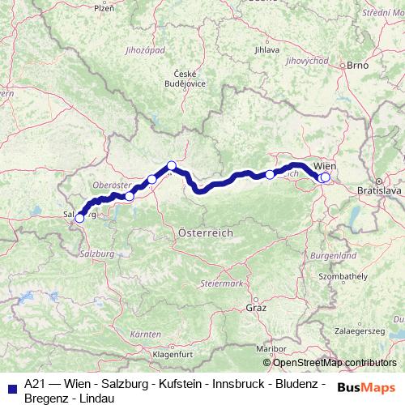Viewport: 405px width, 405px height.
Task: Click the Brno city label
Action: click(x=357, y=66)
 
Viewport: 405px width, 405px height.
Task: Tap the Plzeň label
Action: click(x=104, y=7)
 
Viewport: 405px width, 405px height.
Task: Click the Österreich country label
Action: click(x=204, y=232)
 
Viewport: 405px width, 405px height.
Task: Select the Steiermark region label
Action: click(x=222, y=284)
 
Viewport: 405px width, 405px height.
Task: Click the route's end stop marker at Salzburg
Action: click(x=79, y=218)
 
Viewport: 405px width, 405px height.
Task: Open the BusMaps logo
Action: click(x=366, y=387)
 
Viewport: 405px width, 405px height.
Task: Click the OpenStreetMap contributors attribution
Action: click(x=335, y=363)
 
